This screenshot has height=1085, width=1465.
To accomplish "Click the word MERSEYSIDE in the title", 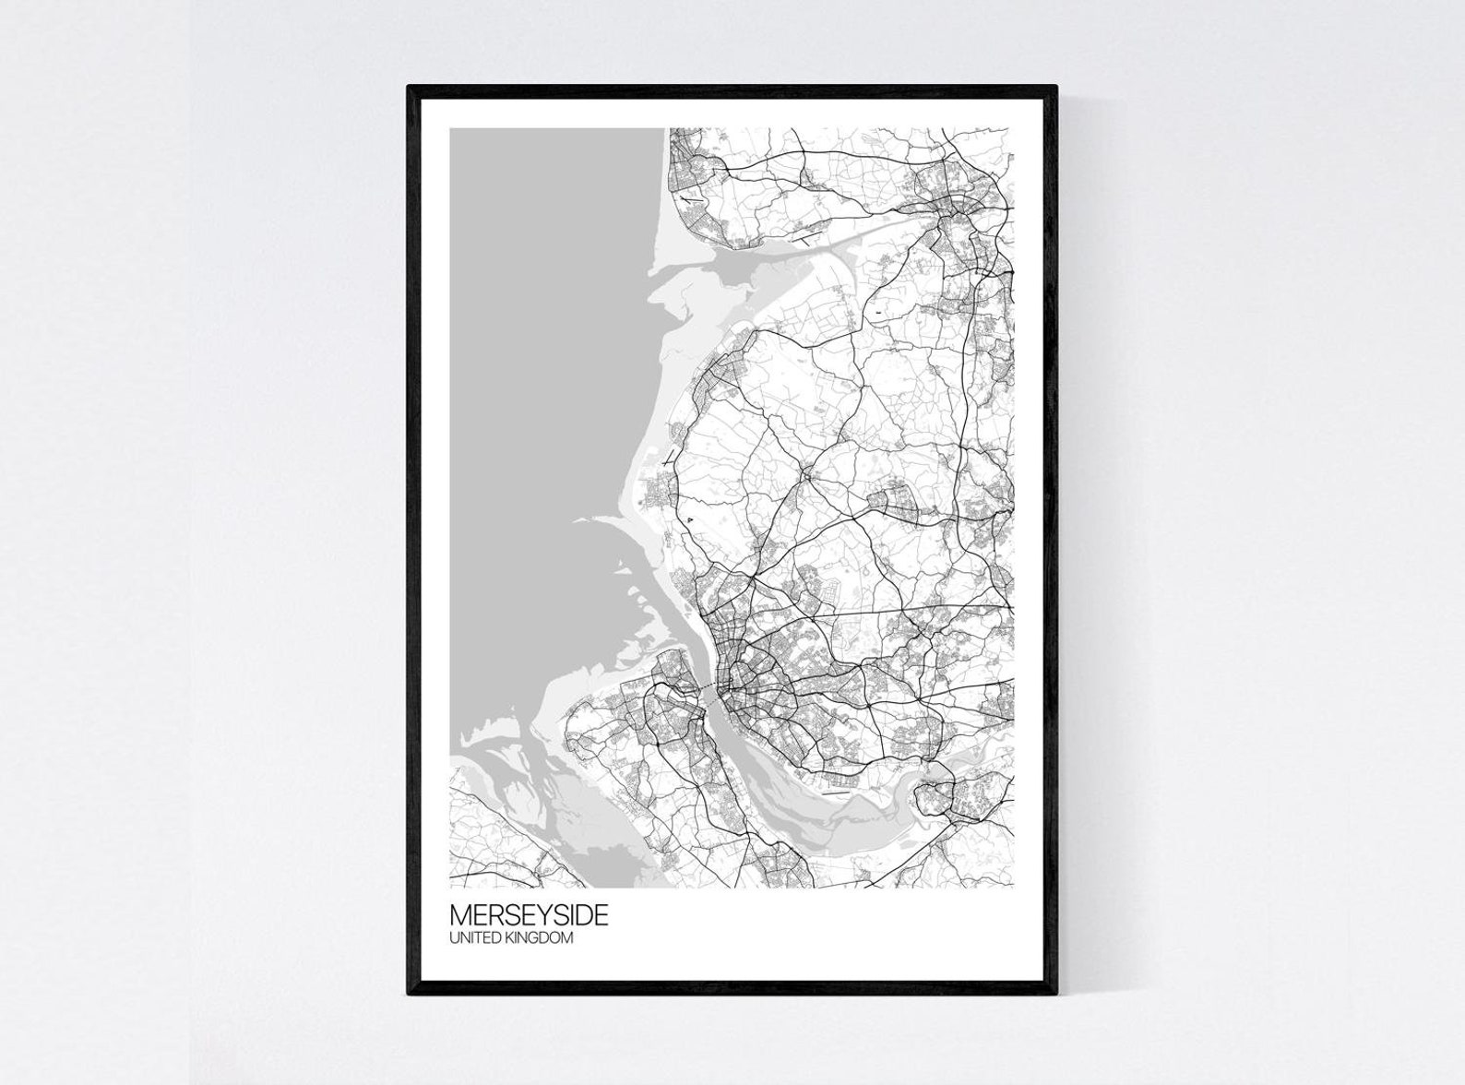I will (x=529, y=915).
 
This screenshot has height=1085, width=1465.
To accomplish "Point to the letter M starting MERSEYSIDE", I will (x=459, y=915).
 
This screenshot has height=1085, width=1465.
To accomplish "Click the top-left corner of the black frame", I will (x=410, y=88).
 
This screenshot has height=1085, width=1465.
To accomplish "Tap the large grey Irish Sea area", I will (x=544, y=369).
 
